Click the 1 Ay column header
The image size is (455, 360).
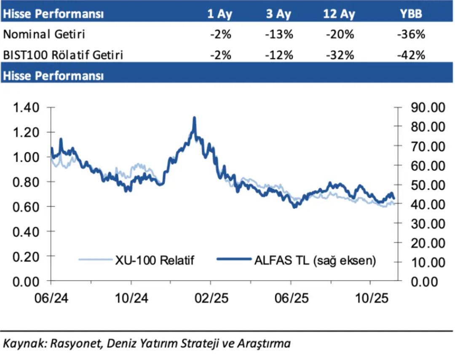tap(219, 14)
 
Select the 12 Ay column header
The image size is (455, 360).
tap(339, 14)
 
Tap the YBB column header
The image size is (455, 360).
tap(410, 14)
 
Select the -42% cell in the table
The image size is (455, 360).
tap(411, 55)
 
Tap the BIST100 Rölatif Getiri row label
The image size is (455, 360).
tap(63, 55)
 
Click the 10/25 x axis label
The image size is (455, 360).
tap(370, 298)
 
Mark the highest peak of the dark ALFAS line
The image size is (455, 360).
tap(194, 118)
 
